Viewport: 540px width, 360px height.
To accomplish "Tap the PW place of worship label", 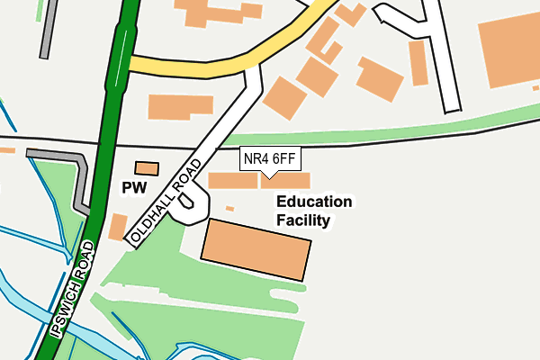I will pos(133,188).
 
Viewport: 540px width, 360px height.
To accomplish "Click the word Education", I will pos(314,202).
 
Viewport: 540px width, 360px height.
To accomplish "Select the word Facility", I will pos(303,220).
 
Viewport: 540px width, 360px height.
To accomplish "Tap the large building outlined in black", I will pos(256,247).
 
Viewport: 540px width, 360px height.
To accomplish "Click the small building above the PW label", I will pos(146,167).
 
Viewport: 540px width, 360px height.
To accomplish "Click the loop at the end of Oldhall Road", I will pos(186,208).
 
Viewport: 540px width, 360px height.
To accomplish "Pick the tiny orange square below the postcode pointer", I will pos(229,209).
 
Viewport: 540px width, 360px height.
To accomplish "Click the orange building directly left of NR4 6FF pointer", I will pos(232,180).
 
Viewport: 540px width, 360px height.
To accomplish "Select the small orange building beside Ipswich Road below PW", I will pos(117,226).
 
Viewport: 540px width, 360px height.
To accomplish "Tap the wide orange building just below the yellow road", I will pos(181,106).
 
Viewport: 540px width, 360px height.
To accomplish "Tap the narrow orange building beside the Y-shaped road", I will pos(418,62).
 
